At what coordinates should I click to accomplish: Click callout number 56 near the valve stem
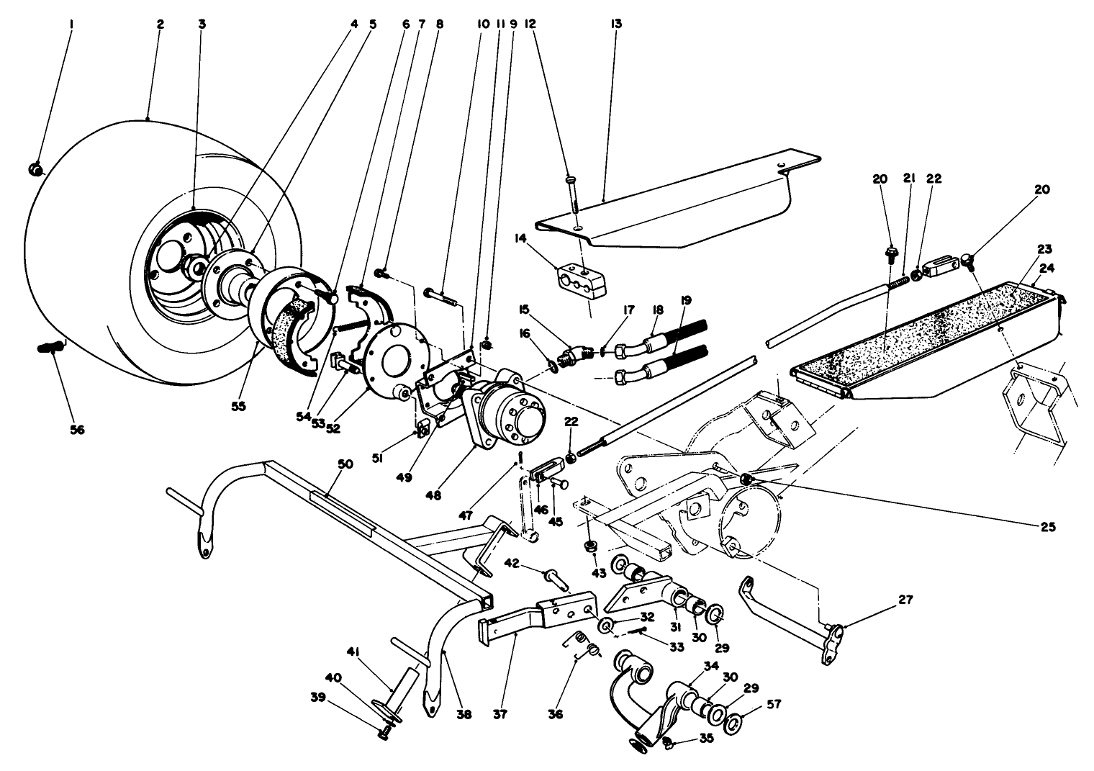point(77,430)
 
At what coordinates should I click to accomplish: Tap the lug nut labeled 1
point(35,170)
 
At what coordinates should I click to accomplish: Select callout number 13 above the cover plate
point(617,24)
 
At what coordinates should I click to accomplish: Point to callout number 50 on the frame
point(345,464)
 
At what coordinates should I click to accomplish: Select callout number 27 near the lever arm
point(905,600)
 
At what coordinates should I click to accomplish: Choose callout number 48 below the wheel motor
point(433,495)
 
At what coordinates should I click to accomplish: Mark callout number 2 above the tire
point(161,24)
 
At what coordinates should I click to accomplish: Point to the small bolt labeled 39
point(383,734)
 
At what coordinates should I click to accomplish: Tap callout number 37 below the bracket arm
point(500,714)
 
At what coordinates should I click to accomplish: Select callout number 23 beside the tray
point(1044,249)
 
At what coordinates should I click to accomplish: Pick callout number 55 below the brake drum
point(238,406)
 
